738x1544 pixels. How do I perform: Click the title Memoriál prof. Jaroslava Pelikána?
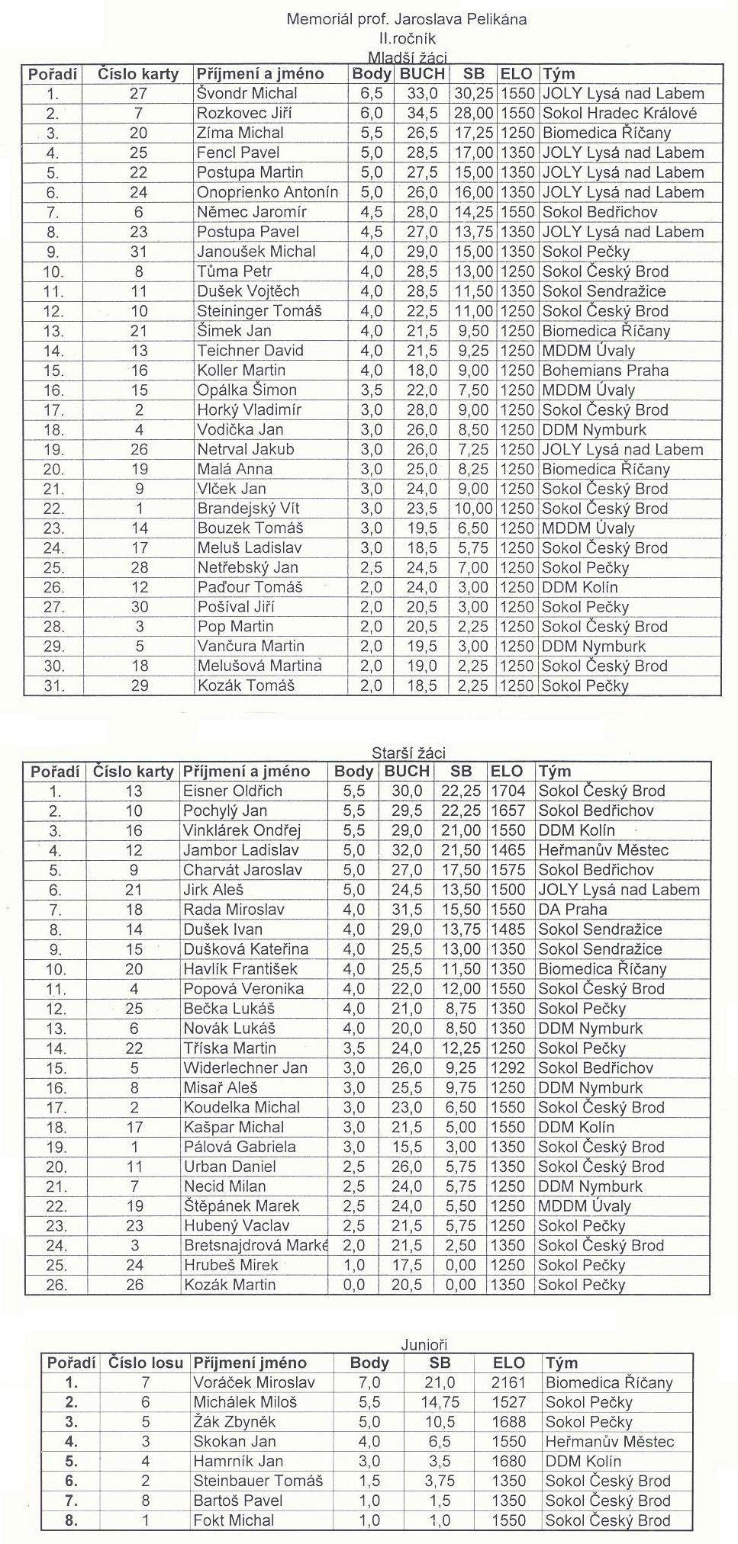click(406, 20)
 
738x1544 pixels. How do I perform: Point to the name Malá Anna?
click(234, 469)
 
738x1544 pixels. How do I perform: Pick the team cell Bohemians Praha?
click(605, 371)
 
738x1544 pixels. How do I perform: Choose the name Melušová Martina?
click(259, 666)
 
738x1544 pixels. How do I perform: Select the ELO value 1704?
click(508, 791)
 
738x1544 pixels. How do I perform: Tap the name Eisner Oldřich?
click(233, 791)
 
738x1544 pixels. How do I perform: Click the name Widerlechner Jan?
click(245, 1067)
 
